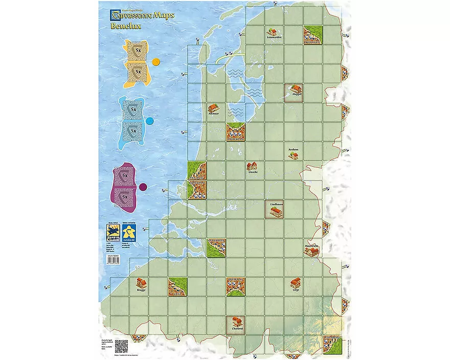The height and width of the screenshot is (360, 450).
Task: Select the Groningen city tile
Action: click(x=312, y=35)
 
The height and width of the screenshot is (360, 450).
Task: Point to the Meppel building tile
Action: click(x=294, y=93)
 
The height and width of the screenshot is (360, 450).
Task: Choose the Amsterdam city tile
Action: click(x=235, y=131)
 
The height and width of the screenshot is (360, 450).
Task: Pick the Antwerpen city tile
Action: click(x=217, y=247)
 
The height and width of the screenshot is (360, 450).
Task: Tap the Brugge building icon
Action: click(x=141, y=282)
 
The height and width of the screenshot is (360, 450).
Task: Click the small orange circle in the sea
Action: click(x=156, y=62)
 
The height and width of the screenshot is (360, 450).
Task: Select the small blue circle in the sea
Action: click(x=150, y=121)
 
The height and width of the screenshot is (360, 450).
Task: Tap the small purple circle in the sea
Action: click(x=143, y=186)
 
